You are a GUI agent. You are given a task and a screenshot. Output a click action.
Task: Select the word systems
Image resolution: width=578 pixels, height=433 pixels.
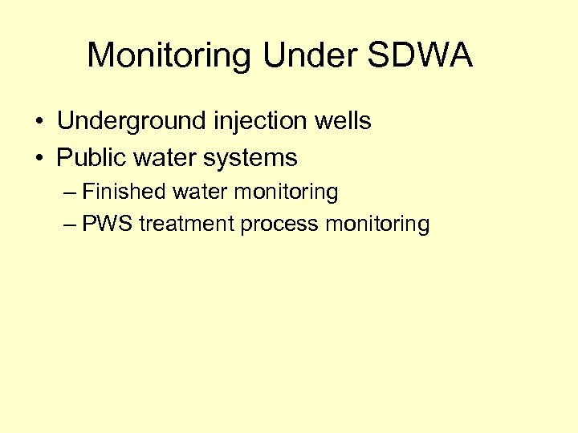point(250,159)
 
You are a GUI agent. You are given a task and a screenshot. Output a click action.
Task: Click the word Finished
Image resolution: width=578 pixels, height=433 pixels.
point(121,192)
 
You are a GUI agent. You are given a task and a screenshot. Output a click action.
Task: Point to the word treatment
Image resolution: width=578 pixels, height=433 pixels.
point(186,224)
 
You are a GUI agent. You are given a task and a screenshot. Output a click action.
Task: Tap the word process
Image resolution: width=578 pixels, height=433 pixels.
point(279,225)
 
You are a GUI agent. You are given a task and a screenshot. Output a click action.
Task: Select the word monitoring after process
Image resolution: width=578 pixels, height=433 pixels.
point(377,225)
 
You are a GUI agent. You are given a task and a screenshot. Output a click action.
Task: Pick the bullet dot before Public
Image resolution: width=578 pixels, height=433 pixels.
point(39,159)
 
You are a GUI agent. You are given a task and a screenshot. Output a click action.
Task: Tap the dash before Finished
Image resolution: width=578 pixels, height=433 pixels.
point(70,193)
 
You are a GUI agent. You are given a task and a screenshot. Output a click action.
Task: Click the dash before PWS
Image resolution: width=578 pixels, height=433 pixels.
point(70,225)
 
